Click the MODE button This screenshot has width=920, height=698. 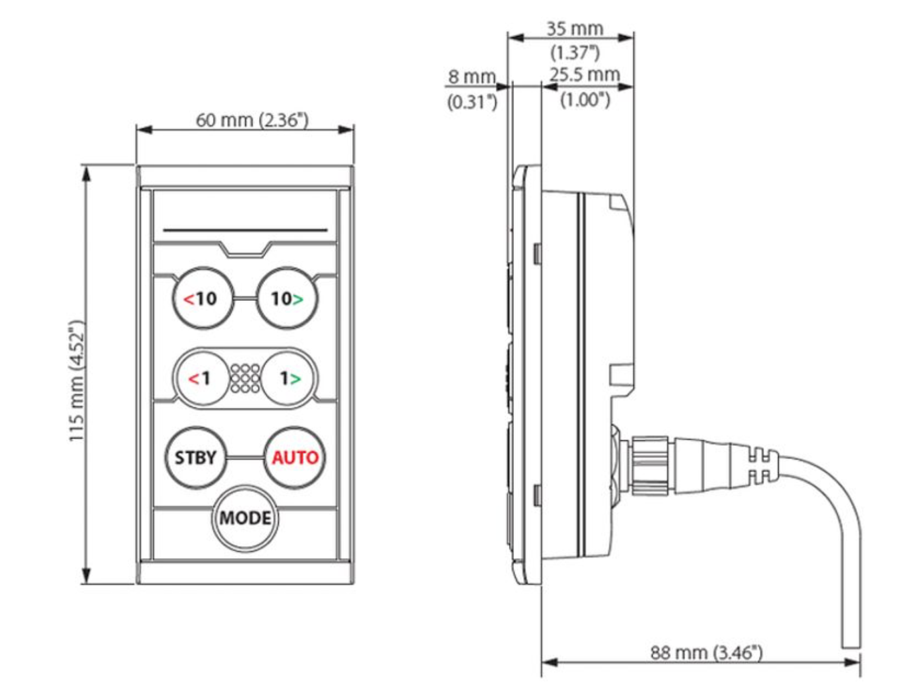click(x=245, y=518)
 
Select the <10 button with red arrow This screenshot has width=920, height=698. click(x=203, y=298)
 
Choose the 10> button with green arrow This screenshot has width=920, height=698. click(x=287, y=298)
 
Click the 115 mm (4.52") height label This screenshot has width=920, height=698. click(x=77, y=381)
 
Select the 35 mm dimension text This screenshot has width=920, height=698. click(x=574, y=29)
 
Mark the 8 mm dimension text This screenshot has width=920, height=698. click(x=472, y=77)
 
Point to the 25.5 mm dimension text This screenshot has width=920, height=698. click(x=584, y=75)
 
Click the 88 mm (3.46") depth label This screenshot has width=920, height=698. click(x=706, y=653)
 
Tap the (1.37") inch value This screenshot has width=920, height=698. click(x=574, y=53)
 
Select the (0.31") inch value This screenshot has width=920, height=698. click(x=472, y=102)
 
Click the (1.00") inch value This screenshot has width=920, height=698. click(x=585, y=100)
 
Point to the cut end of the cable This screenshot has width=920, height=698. click(x=852, y=646)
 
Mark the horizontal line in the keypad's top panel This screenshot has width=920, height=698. click(x=245, y=230)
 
